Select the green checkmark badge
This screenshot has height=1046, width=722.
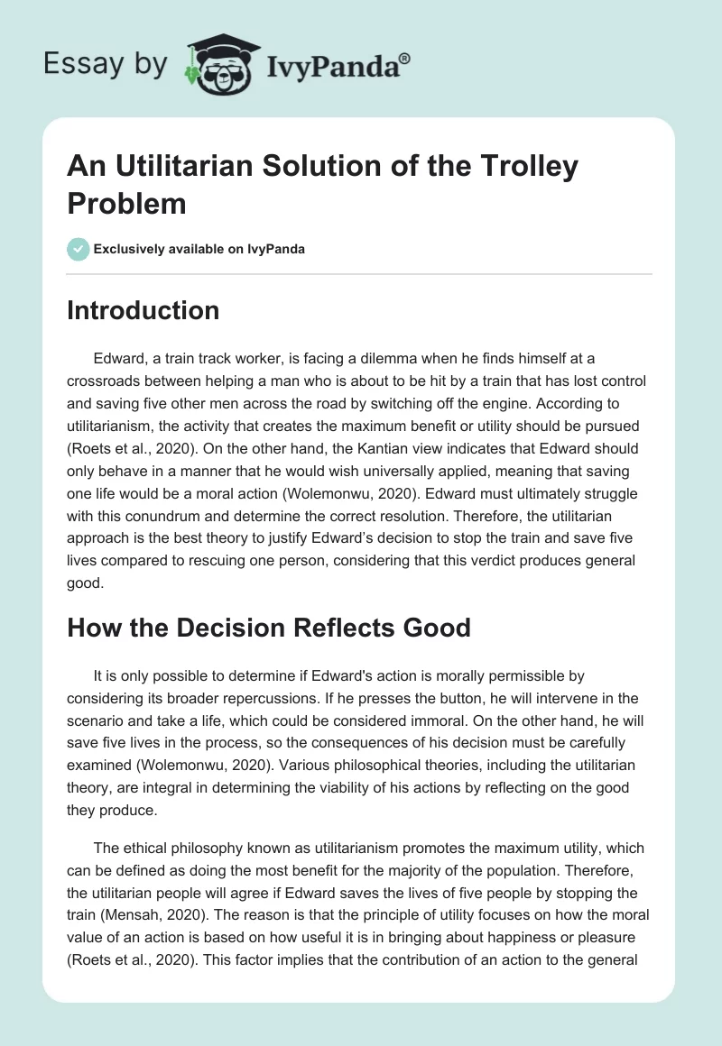pos(78,249)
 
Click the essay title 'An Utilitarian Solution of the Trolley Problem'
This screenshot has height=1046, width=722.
pos(323,185)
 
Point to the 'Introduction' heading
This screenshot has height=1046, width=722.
pos(143,311)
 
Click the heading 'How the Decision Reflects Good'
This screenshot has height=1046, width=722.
pos(269,628)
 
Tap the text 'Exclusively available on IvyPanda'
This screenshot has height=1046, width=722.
pos(200,249)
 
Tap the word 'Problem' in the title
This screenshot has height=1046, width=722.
pos(126,204)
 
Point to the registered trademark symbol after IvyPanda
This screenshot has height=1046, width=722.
pos(405,56)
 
